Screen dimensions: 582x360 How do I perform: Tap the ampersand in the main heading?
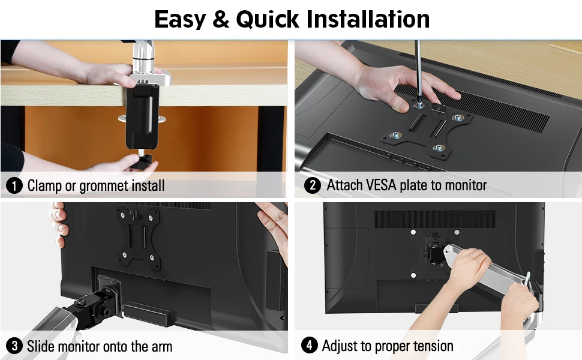(x=221, y=19)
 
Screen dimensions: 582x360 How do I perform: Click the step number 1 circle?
(x=14, y=185)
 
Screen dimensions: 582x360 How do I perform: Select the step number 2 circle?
(x=312, y=185)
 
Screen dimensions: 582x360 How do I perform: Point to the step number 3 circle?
(x=14, y=346)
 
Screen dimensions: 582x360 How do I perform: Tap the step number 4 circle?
(x=309, y=345)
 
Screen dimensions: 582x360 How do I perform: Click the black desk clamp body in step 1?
(x=142, y=112)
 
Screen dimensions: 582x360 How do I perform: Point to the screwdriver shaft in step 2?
(x=418, y=71)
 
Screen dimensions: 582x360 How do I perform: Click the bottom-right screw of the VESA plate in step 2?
(x=439, y=148)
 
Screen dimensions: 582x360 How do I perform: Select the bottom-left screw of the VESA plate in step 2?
(x=396, y=135)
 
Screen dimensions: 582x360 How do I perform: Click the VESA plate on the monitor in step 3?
(x=139, y=236)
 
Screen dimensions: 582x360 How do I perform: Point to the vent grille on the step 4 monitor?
(x=434, y=219)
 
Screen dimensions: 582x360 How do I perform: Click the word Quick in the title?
(x=267, y=19)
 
